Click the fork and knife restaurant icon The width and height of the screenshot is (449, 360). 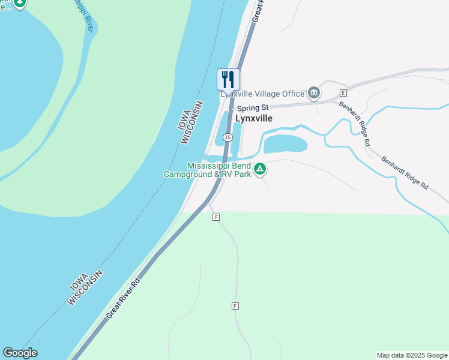pos(228,79)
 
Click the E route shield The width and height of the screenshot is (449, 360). pos(343,93)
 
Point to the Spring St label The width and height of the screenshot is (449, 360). pos(252,108)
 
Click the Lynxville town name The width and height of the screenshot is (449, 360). pos(253,118)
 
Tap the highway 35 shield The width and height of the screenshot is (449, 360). pos(228,137)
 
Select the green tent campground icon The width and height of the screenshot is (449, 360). pos(260,170)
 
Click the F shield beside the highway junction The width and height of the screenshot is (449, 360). pos(215,217)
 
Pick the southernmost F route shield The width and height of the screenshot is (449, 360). pos(235,306)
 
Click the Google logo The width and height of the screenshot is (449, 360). pos(20,353)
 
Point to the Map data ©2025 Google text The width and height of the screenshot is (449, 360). pos(412,355)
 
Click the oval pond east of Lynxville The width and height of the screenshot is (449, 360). pos(285,144)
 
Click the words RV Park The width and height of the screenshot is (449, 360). pos(235,175)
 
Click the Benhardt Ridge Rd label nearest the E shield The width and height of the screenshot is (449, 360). pos(354,123)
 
